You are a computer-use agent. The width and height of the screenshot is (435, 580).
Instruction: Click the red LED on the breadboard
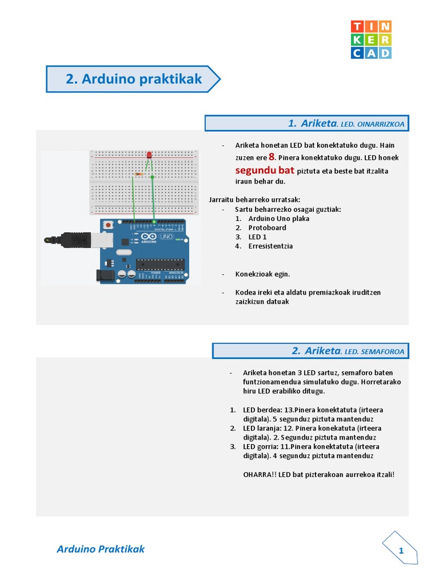(x=149, y=155)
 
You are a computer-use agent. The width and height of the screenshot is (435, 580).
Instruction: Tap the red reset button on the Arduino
(x=108, y=225)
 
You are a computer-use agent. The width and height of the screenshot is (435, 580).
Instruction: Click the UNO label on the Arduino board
(x=166, y=236)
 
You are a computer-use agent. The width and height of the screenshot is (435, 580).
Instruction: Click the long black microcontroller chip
(x=160, y=263)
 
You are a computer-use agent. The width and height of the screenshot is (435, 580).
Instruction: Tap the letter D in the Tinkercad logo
(x=385, y=53)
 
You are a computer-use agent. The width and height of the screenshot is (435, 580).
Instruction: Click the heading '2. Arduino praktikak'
(x=133, y=79)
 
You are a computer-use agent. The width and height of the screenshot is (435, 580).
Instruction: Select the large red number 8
(x=272, y=157)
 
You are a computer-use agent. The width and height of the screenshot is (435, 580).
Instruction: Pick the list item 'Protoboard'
(x=267, y=228)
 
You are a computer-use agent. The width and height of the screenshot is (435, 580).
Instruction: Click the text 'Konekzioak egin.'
(x=263, y=274)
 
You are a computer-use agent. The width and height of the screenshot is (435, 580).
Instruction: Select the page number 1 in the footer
(x=401, y=551)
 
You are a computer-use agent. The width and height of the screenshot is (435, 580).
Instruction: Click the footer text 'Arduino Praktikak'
(x=101, y=549)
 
